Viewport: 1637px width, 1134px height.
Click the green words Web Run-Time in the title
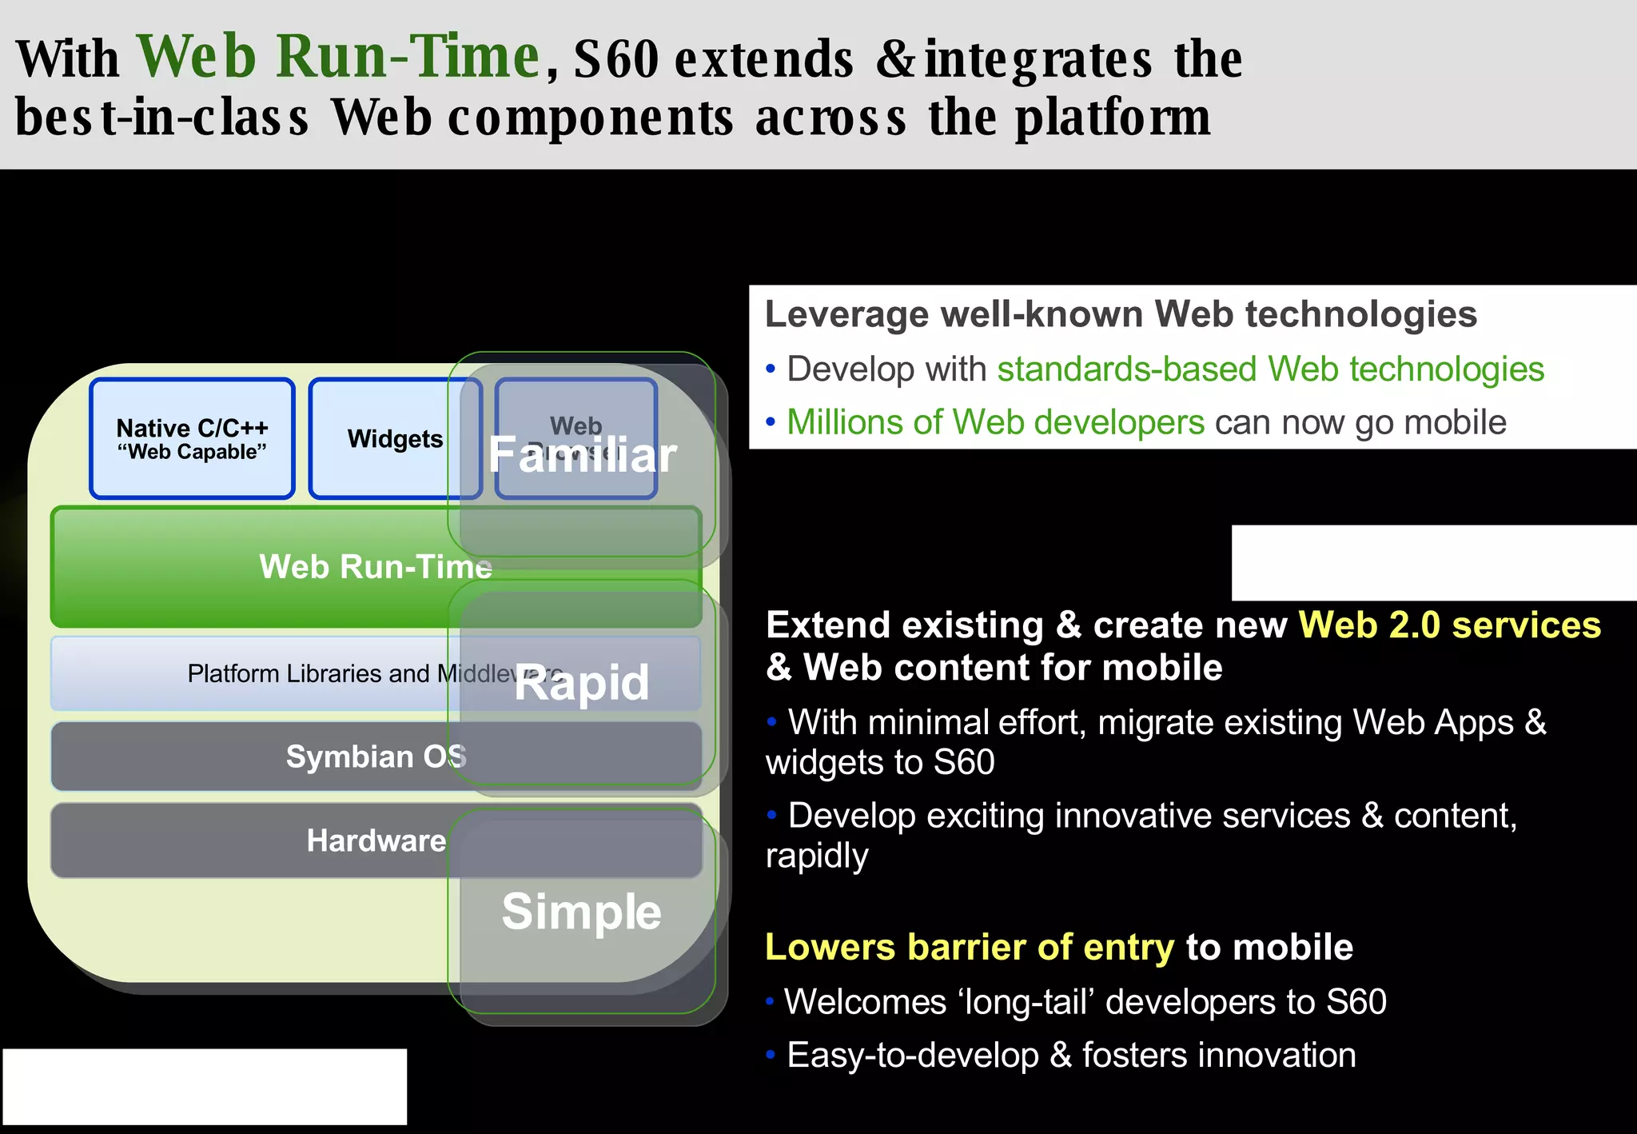click(x=339, y=58)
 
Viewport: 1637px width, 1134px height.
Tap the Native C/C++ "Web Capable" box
click(x=192, y=439)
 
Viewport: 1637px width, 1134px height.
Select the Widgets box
click(x=395, y=439)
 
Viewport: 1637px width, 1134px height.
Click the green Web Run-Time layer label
click(x=375, y=567)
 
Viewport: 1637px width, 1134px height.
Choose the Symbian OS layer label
click(x=376, y=757)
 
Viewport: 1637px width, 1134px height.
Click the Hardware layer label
click(x=376, y=841)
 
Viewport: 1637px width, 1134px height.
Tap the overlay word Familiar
click(x=583, y=455)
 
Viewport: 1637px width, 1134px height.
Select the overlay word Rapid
click(x=581, y=683)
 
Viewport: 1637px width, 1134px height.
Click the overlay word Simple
click(x=581, y=912)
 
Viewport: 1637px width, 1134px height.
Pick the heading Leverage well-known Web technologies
click(x=1121, y=314)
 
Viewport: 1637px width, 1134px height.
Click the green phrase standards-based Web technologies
click(x=1270, y=369)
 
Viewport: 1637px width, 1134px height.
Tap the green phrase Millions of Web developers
click(x=995, y=422)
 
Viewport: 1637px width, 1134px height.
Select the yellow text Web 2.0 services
click(x=1449, y=625)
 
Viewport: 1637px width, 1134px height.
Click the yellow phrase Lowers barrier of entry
click(x=970, y=948)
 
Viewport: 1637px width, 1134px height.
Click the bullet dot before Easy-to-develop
click(x=771, y=1055)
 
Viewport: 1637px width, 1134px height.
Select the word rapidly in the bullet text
click(x=816, y=856)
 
